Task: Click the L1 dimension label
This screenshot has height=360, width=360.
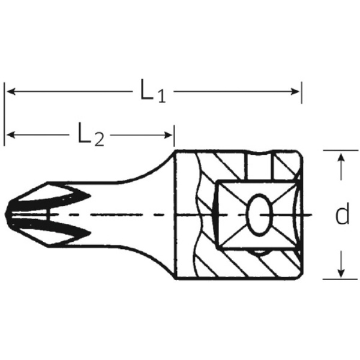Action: [152, 91]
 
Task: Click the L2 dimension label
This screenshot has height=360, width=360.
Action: [91, 134]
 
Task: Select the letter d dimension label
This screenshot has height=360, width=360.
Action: [342, 214]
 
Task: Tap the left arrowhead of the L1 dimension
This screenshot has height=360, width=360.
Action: [11, 91]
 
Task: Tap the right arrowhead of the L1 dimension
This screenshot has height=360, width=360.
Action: [295, 91]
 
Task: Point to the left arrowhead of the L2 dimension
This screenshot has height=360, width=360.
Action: [11, 135]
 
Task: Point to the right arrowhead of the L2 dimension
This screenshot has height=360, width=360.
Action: [168, 135]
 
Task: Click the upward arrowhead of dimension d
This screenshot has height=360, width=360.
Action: [341, 157]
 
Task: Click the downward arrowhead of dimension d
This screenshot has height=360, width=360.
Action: [341, 272]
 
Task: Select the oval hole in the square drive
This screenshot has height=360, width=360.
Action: [259, 215]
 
